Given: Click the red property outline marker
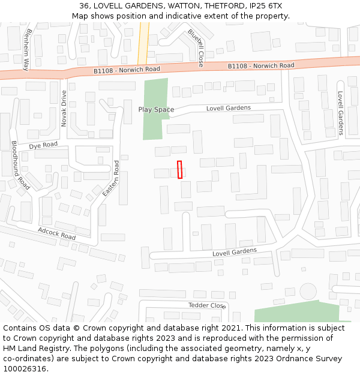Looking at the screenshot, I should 179,169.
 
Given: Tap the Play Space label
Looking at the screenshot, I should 156,109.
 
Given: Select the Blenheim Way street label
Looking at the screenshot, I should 26,50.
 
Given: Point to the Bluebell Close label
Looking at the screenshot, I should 196,48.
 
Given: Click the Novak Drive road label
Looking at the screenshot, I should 64,109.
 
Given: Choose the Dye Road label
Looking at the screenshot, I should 43,145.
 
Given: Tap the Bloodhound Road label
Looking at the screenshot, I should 20,165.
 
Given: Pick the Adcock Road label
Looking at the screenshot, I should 56,233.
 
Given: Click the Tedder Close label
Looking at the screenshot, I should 206,305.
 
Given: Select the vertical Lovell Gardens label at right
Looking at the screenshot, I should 340,113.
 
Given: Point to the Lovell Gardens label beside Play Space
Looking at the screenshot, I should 228,108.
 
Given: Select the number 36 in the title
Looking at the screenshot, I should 84,6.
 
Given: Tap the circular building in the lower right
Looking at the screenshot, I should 308,292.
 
